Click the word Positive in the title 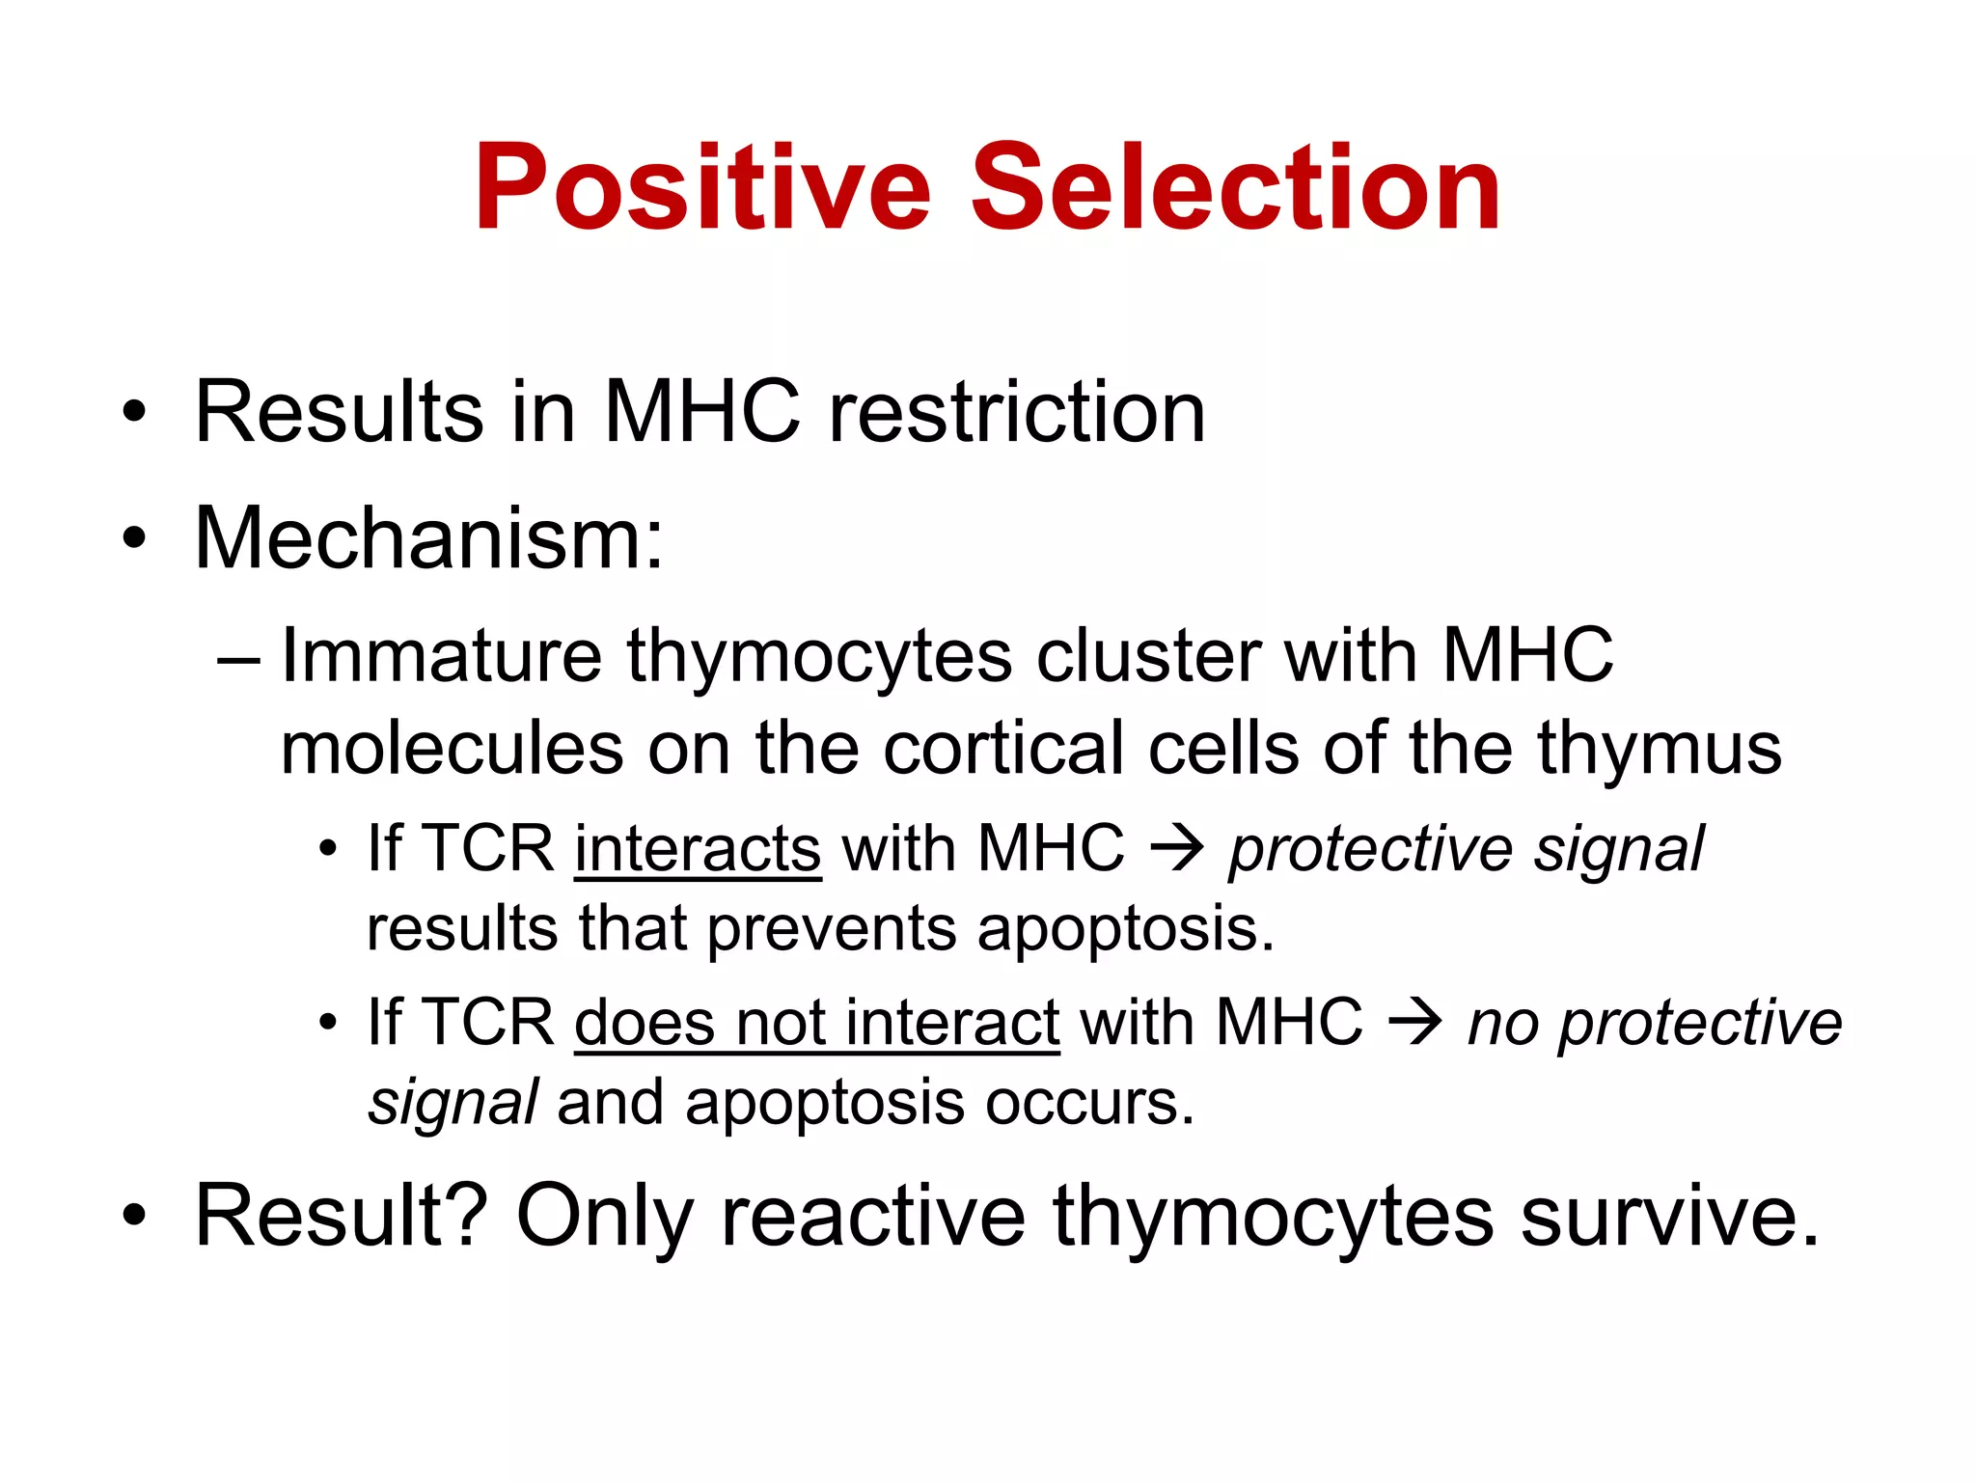[x=702, y=188]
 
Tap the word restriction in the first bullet [x=1017, y=412]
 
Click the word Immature [x=441, y=656]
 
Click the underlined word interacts [x=698, y=849]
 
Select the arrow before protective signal [x=1177, y=849]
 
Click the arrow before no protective [x=1415, y=1023]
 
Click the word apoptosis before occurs [x=824, y=1102]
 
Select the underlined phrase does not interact [x=816, y=1023]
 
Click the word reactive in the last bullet [x=873, y=1216]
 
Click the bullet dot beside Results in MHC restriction [x=134, y=413]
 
